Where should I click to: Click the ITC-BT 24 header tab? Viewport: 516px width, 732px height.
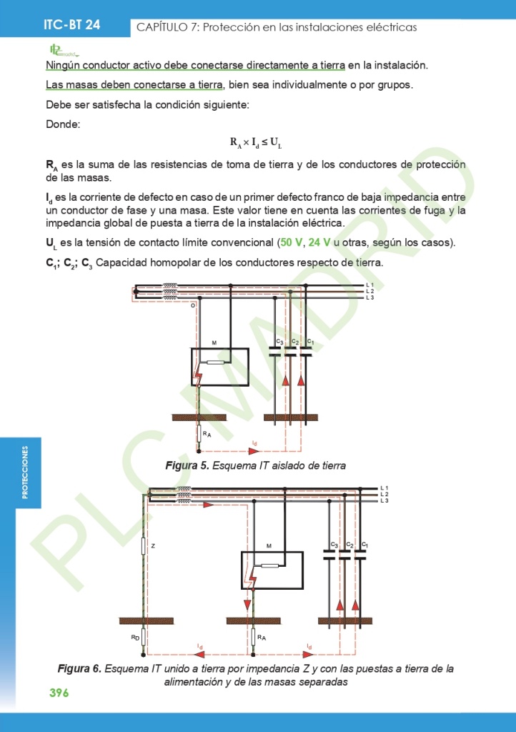coord(71,24)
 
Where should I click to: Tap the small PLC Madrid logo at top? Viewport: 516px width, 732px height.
coord(63,50)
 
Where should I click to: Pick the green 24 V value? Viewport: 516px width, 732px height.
coord(320,242)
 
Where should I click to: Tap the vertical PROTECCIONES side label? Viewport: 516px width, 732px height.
coord(26,473)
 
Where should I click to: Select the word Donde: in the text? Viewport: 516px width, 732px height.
coord(63,124)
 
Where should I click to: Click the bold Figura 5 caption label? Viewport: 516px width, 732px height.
coord(187,465)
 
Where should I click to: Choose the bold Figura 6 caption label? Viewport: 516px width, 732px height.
coord(79,669)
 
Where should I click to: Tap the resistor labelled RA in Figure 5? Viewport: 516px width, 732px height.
coord(199,434)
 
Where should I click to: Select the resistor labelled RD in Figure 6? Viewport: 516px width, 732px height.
coord(144,636)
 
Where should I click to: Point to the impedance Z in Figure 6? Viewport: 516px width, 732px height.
coord(144,546)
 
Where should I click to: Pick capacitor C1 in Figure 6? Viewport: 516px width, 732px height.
coord(360,554)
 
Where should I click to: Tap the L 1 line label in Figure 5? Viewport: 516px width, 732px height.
coord(369,285)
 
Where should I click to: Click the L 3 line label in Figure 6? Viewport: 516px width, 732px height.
coord(384,500)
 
